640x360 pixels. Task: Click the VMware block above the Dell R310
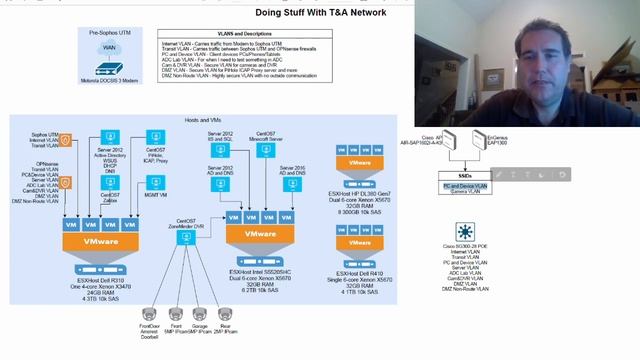coord(100,240)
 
